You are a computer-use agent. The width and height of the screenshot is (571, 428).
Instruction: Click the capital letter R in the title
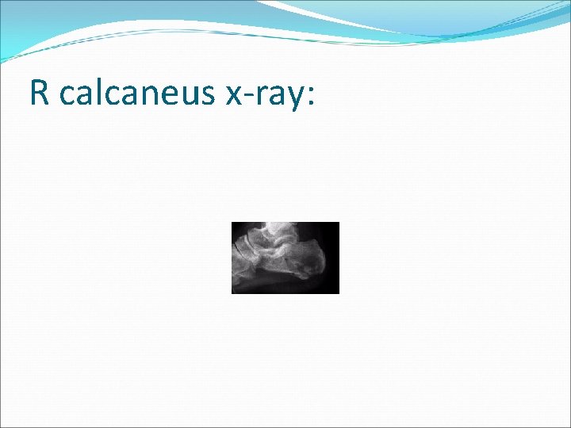39,94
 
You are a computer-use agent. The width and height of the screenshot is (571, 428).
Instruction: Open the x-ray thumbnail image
285,258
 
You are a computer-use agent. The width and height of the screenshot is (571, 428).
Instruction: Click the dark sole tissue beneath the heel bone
305,286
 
